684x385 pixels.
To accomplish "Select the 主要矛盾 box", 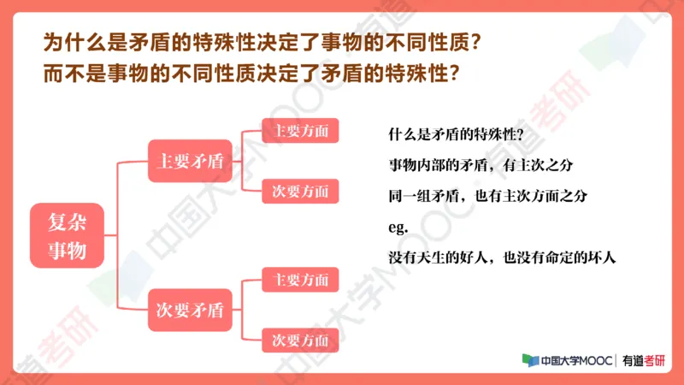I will [x=190, y=160].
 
